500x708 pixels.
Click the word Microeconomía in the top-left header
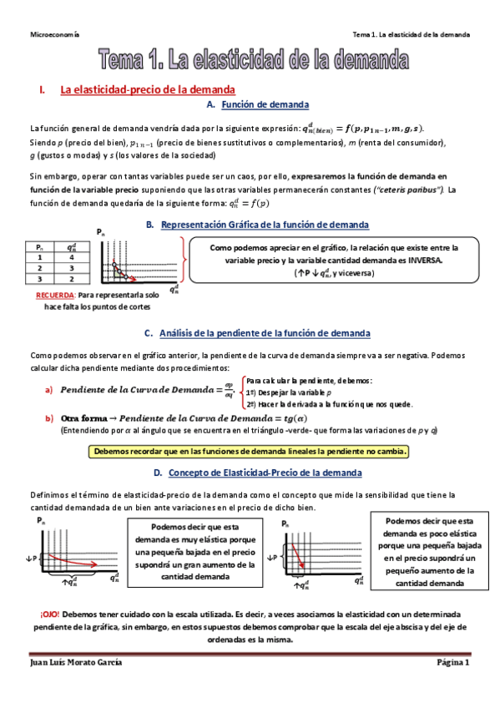pos(55,35)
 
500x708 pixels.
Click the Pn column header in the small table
pos(39,247)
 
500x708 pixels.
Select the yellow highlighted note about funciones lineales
pos(250,452)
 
